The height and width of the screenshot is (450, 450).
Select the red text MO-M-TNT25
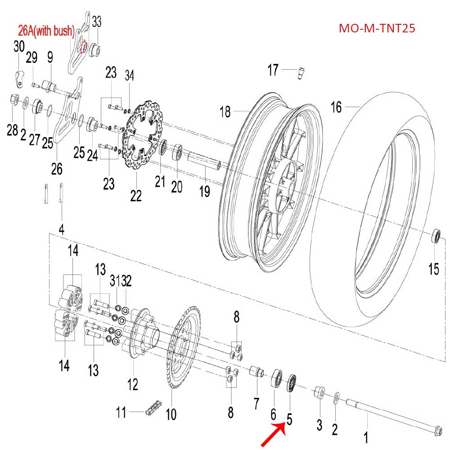pos(377,28)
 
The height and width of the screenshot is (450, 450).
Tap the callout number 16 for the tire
pos(336,107)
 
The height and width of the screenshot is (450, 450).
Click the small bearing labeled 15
pos(436,236)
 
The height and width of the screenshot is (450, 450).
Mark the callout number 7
pos(256,404)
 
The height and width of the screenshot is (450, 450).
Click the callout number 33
pos(97,22)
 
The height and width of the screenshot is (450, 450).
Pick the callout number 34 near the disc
pos(129,74)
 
